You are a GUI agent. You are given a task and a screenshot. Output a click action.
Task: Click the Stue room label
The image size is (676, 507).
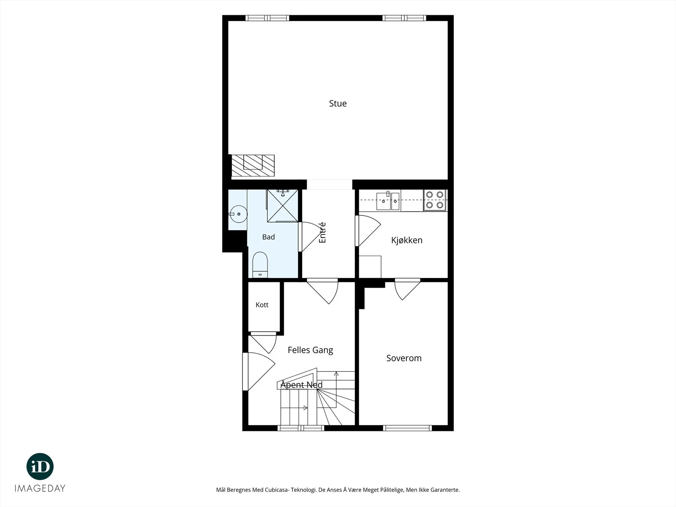[338, 104]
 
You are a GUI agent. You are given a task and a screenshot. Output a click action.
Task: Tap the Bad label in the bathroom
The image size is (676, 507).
[268, 237]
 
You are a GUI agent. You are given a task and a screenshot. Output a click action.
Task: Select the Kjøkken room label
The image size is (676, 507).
[406, 240]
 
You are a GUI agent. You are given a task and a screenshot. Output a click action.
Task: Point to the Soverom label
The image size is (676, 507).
[404, 358]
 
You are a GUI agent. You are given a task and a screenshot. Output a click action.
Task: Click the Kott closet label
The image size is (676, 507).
[262, 305]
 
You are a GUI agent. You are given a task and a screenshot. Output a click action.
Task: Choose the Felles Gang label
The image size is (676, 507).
[310, 350]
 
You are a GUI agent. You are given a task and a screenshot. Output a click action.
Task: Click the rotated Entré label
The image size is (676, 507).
[322, 233]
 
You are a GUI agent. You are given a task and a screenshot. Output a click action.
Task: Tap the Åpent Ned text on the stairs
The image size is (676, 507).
[301, 385]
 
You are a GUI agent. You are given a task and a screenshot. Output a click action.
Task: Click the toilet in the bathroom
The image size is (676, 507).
[260, 265]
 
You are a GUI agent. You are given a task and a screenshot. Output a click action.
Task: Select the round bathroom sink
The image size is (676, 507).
[238, 214]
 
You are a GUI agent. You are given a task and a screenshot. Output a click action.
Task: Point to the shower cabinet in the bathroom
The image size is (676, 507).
[282, 206]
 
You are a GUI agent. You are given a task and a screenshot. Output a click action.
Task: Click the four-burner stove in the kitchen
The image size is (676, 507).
[435, 200]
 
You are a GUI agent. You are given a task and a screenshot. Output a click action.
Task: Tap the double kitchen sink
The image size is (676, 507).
[388, 201]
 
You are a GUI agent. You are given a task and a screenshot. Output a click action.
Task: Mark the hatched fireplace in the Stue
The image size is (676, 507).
[253, 165]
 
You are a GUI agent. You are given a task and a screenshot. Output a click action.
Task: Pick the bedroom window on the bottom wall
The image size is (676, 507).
[407, 428]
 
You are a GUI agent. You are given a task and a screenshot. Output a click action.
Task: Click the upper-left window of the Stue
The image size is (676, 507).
[267, 18]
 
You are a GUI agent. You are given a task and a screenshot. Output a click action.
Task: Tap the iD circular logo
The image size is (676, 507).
[40, 466]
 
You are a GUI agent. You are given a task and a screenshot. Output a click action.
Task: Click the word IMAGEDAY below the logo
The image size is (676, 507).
[40, 488]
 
